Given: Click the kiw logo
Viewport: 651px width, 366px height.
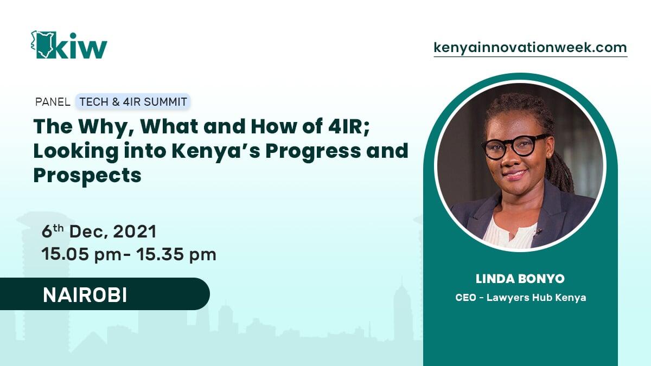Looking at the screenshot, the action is (69, 44).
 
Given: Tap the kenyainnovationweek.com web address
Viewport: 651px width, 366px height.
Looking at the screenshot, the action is (531, 48).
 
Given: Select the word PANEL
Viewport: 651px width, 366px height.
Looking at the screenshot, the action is (53, 102).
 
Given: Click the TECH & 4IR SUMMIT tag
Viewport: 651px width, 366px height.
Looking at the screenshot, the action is (133, 102).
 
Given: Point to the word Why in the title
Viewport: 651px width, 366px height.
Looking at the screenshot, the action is (106, 127).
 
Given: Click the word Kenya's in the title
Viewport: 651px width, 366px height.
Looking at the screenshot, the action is (216, 151).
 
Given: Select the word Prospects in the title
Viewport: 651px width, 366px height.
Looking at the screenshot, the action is (87, 176).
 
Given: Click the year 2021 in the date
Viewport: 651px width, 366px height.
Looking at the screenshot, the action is (135, 232).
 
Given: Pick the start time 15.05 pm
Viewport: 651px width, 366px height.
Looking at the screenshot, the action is (81, 254).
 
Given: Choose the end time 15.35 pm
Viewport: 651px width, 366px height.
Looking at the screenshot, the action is (176, 254).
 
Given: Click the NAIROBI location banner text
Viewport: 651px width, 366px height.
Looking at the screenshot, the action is (85, 296).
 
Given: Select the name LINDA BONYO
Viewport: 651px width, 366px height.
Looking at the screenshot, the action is (520, 279).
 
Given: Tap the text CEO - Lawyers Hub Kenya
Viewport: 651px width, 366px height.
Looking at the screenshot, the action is (520, 298).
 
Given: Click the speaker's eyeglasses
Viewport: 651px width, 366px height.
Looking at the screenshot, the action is (514, 146).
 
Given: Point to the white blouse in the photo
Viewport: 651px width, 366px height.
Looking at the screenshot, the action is (510, 234).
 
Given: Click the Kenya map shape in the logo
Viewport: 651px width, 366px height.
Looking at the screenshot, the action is (42, 44).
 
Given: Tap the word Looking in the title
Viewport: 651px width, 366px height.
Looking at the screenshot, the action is (76, 152).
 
